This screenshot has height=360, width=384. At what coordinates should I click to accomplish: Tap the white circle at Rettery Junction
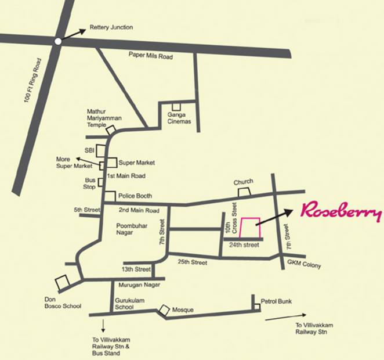point(57,41)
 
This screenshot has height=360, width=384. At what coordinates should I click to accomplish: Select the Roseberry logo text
point(340,213)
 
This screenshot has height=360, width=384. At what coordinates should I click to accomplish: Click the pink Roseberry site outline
point(250,227)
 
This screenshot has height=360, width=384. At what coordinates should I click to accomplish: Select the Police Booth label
point(135,196)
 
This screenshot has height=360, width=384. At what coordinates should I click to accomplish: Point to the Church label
point(243,182)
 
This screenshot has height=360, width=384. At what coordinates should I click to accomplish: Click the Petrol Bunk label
point(276,301)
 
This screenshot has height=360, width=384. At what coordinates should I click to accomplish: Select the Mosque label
point(183,311)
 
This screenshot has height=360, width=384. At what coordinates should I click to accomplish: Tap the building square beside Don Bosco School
point(61,283)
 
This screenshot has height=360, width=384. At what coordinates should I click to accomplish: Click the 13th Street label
point(135,269)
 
